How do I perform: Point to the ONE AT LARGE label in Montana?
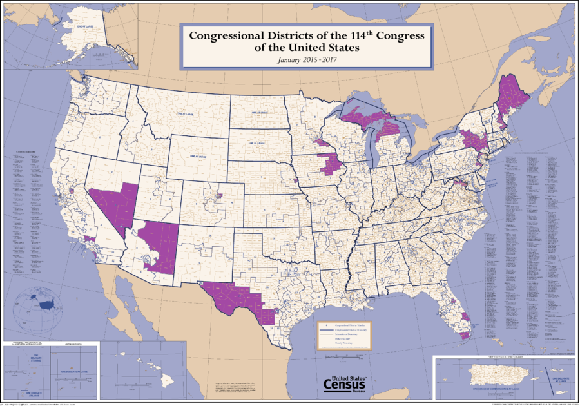coord(184,114)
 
